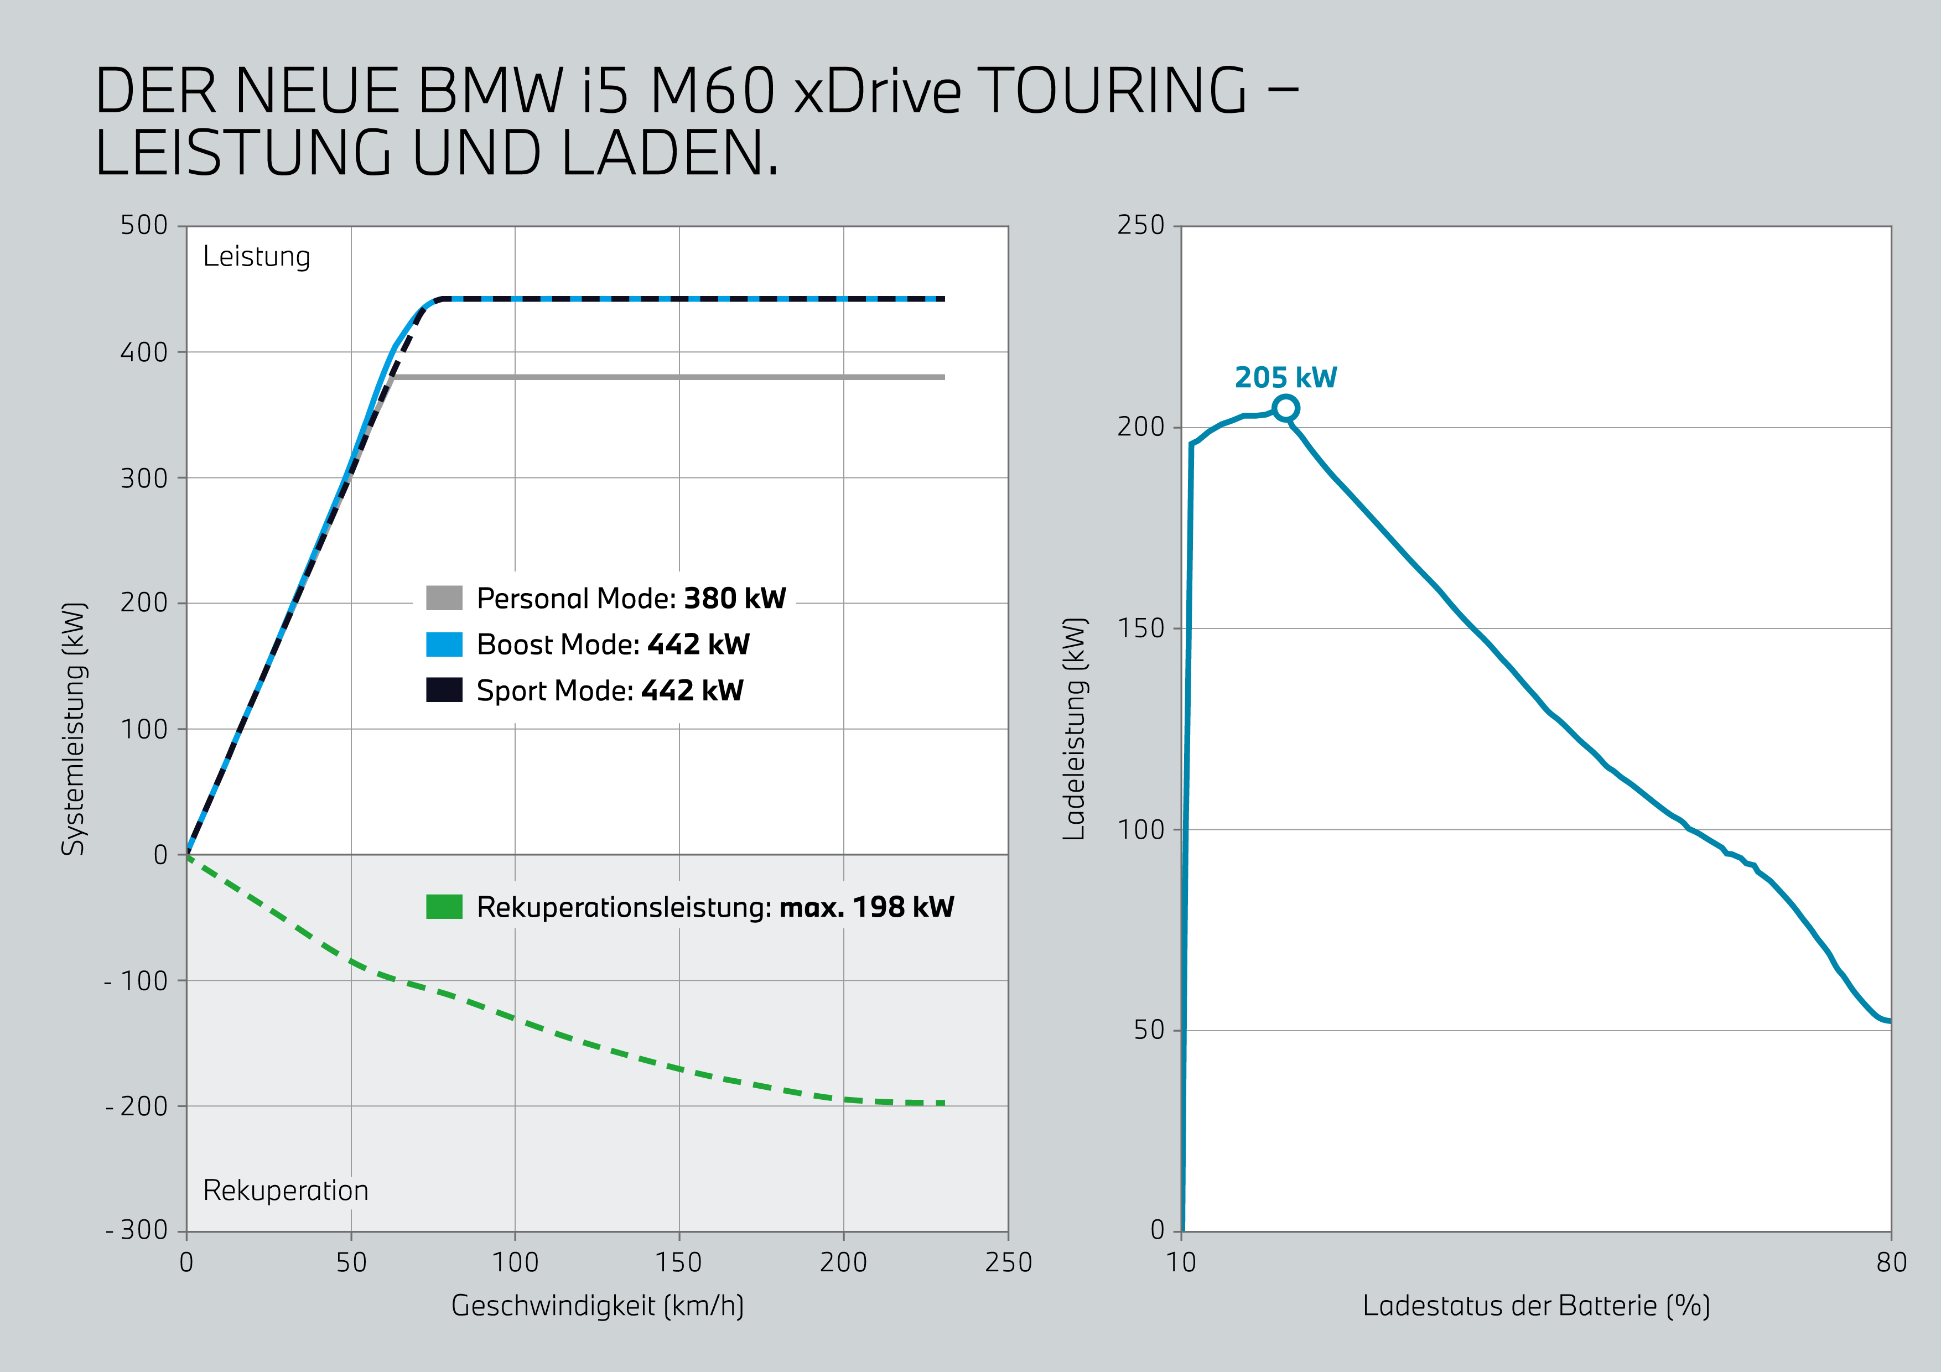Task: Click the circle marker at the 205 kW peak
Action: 1285,408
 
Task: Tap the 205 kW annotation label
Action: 1285,377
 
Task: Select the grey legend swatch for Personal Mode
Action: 444,597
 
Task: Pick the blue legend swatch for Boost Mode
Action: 444,644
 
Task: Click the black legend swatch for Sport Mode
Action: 444,690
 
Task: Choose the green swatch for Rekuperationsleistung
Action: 444,906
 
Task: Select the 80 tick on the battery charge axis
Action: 1891,1262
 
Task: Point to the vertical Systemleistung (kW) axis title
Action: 74,728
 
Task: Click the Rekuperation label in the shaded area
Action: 286,1190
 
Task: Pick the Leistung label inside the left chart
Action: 256,256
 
